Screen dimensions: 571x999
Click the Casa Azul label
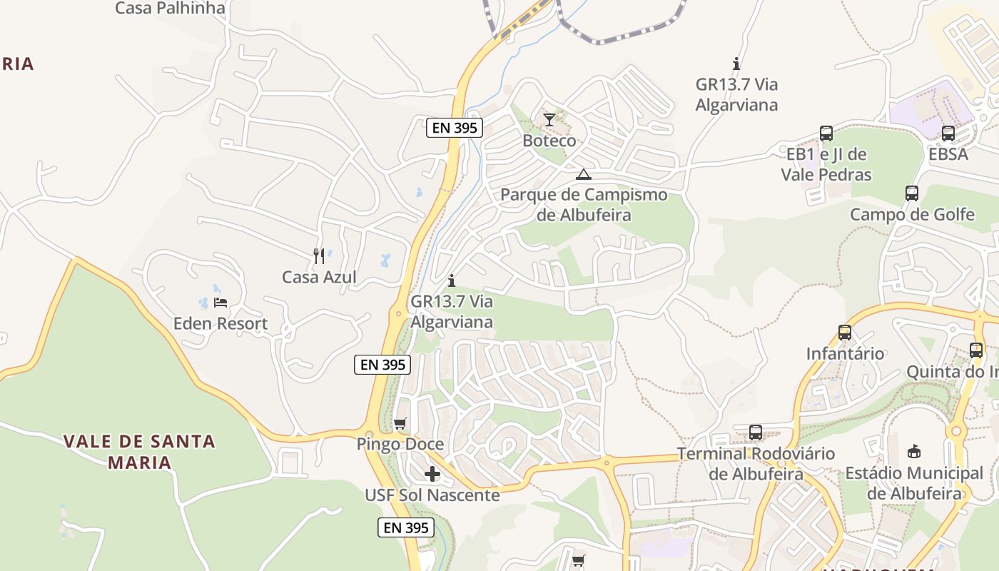(319, 277)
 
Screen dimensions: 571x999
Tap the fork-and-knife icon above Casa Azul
(319, 255)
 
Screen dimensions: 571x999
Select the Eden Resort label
(220, 323)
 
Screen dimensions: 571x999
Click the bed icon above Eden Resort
(220, 303)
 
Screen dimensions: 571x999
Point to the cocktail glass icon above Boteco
(549, 119)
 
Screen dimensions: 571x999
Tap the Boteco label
(549, 140)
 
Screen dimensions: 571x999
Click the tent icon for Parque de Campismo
(584, 174)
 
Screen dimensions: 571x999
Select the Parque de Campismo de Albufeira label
(584, 204)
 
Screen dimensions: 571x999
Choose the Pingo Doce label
(400, 444)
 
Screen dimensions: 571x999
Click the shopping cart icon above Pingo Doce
(400, 424)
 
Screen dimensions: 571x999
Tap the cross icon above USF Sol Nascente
(432, 474)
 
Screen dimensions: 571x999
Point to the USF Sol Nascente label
(432, 495)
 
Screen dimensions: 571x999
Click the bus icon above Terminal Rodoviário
(756, 433)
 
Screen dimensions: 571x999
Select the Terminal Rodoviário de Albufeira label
(756, 463)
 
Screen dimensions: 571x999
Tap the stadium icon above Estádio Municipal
(914, 451)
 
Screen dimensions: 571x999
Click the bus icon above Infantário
(845, 333)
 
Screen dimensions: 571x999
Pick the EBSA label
(948, 153)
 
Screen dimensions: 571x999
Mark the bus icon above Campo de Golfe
(912, 193)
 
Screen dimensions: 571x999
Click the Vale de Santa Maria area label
(139, 451)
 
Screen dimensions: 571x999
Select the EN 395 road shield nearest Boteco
(455, 128)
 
